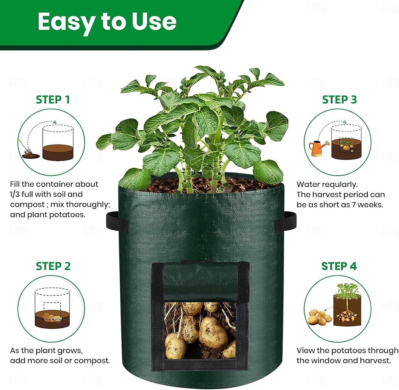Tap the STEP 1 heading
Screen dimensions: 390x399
coord(53,100)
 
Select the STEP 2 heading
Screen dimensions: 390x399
coord(53,266)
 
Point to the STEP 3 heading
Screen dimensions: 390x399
coord(339,100)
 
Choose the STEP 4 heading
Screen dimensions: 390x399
coord(339,266)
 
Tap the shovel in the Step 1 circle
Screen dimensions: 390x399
coord(24,148)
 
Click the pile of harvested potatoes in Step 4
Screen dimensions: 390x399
coord(319,318)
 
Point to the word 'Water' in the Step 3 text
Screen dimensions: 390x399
coord(308,184)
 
